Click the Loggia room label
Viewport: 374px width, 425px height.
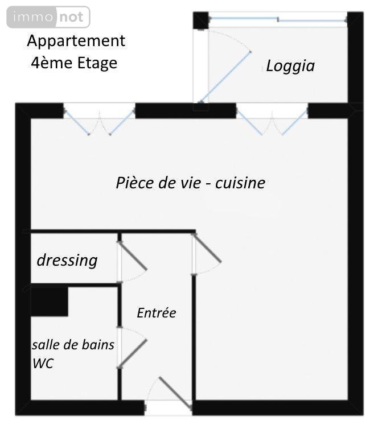click(x=290, y=66)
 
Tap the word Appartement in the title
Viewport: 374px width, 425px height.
click(x=76, y=42)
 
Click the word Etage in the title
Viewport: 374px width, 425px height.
click(x=97, y=64)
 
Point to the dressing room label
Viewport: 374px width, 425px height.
click(x=67, y=261)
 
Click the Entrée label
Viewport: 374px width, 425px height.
click(x=157, y=313)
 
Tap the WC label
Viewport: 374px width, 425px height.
click(x=43, y=364)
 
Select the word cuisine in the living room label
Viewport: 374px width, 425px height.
click(x=240, y=183)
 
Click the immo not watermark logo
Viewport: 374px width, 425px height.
click(x=48, y=17)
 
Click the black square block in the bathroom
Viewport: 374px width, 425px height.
click(x=50, y=302)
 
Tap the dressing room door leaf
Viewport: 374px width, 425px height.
click(x=133, y=256)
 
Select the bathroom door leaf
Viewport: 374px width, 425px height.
click(x=133, y=353)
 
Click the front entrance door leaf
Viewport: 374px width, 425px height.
click(x=175, y=392)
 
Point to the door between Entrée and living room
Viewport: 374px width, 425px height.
click(x=207, y=248)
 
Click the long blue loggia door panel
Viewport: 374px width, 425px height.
click(x=225, y=77)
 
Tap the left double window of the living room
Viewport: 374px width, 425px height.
click(x=99, y=122)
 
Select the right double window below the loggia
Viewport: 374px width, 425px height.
click(x=272, y=122)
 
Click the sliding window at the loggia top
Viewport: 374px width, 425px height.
click(x=278, y=19)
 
